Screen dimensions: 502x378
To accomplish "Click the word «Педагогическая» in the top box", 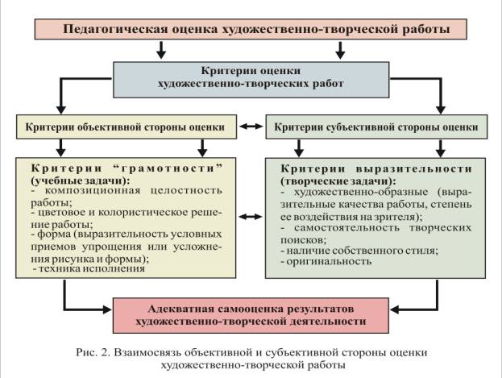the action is click(115, 29).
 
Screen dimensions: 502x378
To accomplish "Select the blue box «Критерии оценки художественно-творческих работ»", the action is click(251, 80).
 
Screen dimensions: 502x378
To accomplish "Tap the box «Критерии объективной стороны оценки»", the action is click(127, 127).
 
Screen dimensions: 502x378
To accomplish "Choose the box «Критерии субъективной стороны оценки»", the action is click(376, 127).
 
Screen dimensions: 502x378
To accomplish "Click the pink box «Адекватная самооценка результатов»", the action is click(251, 315).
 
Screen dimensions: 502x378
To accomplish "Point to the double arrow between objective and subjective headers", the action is click(251, 127).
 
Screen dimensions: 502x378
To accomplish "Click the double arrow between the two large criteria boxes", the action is click(251, 217).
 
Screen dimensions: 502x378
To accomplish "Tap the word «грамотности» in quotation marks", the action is click(168, 168).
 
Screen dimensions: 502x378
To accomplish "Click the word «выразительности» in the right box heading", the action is click(413, 168).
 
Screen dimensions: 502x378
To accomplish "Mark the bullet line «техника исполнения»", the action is click(89, 268).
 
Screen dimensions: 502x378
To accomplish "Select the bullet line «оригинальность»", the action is click(326, 261).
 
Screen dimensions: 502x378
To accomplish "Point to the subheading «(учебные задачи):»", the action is click(81, 181).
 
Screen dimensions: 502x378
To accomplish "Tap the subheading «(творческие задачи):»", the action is click(338, 181).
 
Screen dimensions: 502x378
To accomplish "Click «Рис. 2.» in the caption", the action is click(93, 353).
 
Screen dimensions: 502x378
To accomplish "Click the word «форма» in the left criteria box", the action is click(54, 235).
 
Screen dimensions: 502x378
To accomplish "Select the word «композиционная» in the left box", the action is click(93, 190).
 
